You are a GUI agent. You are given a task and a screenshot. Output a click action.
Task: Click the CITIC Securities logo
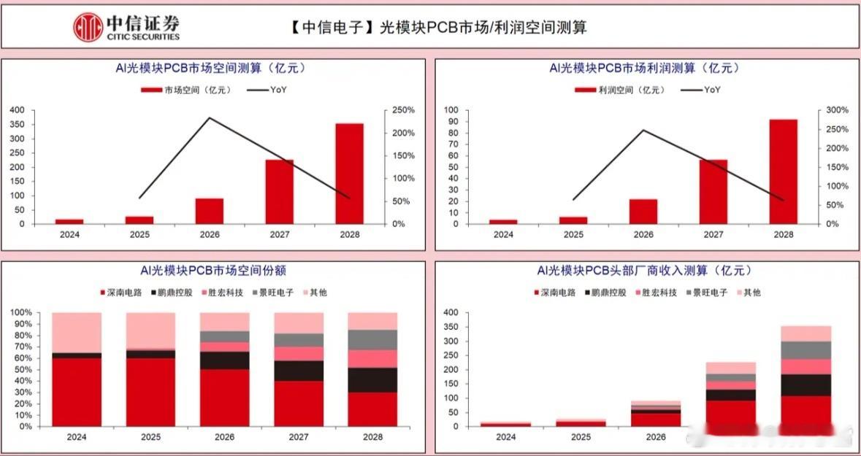[x=126, y=26]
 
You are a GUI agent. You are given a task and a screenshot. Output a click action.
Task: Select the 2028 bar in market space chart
[x=350, y=174]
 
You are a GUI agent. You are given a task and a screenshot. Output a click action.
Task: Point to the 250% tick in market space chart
[x=403, y=110]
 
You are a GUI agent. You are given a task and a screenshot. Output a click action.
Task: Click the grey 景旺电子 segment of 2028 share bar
[x=372, y=339]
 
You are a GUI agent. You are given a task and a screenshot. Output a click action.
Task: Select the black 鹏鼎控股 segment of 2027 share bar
[x=299, y=371]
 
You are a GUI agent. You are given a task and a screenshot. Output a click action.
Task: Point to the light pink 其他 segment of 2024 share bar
[x=77, y=332]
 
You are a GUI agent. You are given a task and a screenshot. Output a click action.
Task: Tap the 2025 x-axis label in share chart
[x=150, y=437]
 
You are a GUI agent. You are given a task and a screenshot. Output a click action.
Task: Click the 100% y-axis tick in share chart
[x=21, y=313]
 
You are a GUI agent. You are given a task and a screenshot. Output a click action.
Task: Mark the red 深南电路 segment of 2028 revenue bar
[x=805, y=411]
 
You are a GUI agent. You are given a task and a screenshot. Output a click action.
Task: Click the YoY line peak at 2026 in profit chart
[x=643, y=131]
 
